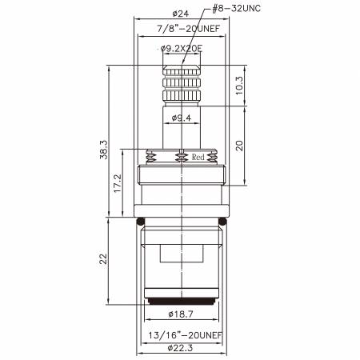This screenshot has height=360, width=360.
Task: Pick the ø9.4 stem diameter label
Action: click(183, 120)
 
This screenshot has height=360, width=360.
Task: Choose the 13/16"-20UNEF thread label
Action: click(183, 334)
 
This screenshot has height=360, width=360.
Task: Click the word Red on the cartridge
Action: click(199, 158)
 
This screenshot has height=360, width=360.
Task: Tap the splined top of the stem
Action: click(183, 84)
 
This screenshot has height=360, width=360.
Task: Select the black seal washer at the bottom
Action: click(183, 302)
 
